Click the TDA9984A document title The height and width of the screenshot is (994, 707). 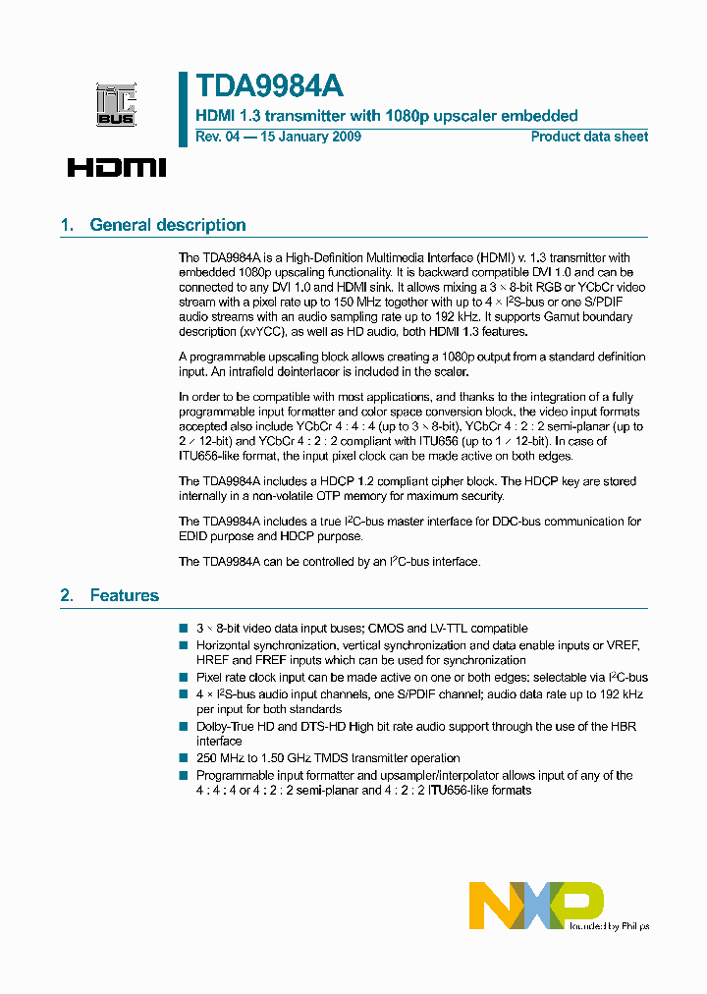(269, 86)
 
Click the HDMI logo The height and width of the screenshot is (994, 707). (117, 167)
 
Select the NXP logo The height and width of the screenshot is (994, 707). (535, 905)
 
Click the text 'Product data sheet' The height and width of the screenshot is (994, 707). (589, 137)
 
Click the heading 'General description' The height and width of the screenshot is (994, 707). (168, 225)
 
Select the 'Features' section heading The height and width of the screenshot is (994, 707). (124, 595)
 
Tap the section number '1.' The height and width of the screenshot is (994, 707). (67, 225)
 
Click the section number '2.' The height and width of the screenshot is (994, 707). (67, 595)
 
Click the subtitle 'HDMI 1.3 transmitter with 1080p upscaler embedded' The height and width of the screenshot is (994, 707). (387, 116)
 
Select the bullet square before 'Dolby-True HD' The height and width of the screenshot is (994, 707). (183, 727)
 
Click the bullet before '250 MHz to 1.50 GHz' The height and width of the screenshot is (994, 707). (183, 758)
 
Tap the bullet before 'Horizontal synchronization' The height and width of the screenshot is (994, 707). (183, 645)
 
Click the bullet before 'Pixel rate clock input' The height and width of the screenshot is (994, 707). (183, 678)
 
